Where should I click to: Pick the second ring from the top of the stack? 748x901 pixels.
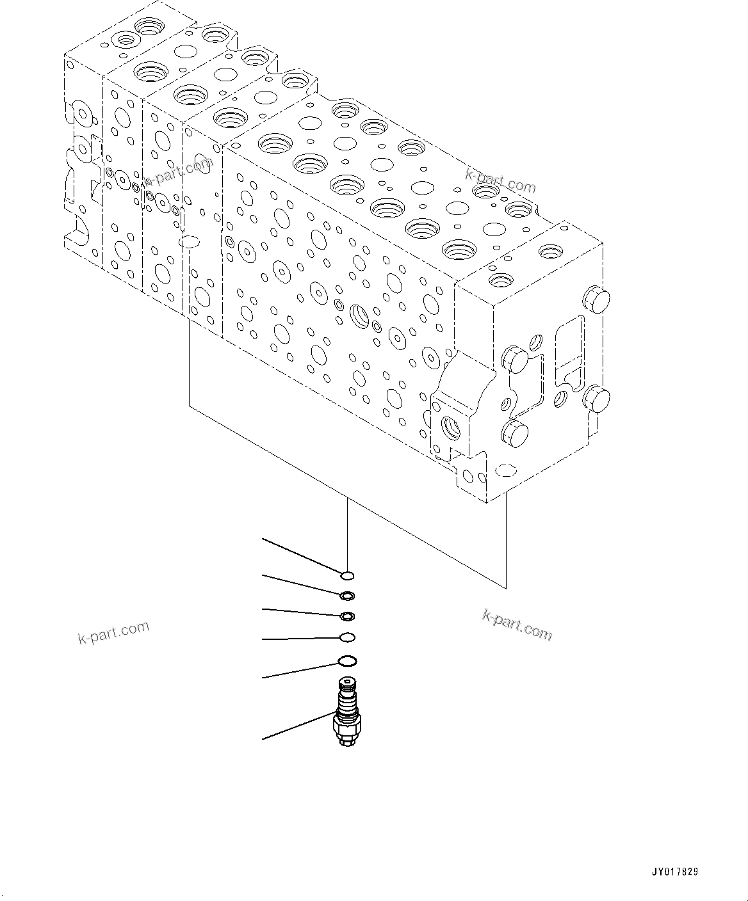(x=346, y=596)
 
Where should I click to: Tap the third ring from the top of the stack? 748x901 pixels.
(x=346, y=616)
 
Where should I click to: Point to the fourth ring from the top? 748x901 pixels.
(x=346, y=637)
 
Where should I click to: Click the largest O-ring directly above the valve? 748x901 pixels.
(x=346, y=661)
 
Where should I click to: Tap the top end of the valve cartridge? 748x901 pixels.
(x=346, y=682)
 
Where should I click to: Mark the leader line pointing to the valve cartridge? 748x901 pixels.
(x=298, y=726)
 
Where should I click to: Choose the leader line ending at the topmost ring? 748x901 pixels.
(x=301, y=556)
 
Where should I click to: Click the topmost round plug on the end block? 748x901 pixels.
(x=596, y=299)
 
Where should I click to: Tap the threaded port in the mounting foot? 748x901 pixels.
(x=451, y=427)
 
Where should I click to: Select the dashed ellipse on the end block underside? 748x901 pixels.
(x=506, y=471)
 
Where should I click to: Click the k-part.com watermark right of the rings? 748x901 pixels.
(x=517, y=625)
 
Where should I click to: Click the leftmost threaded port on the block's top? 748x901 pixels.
(x=126, y=40)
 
